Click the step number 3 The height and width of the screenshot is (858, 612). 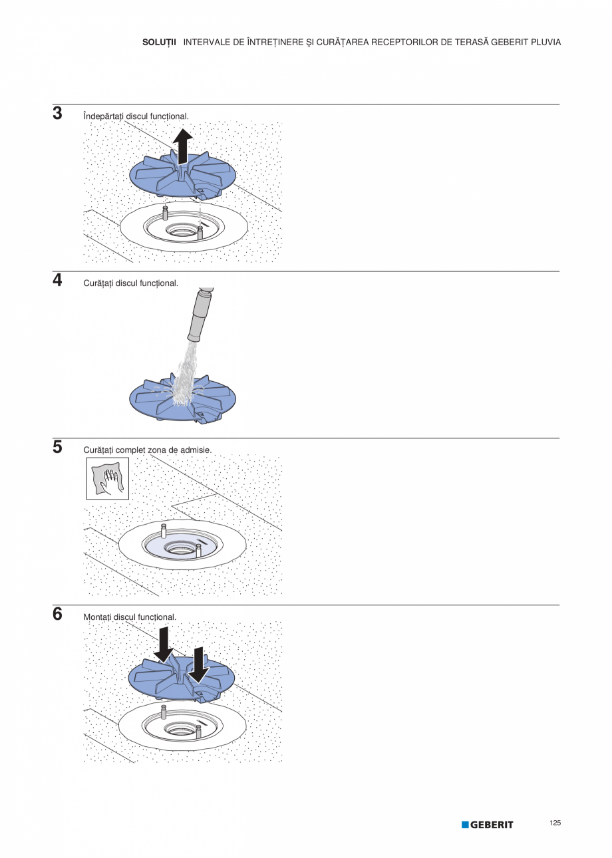[x=57, y=113]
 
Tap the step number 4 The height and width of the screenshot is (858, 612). [x=57, y=280]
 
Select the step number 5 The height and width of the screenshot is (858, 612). [x=57, y=447]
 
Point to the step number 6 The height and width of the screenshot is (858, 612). [x=57, y=614]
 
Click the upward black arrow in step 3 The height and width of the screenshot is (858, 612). [x=182, y=146]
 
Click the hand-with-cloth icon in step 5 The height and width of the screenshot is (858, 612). [x=108, y=478]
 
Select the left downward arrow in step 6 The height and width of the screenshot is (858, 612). [x=164, y=644]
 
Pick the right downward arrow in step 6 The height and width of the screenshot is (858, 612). [x=199, y=665]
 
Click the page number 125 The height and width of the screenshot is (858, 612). [x=555, y=823]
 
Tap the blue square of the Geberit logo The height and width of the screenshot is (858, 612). [x=465, y=824]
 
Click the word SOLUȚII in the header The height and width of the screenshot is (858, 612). [x=159, y=43]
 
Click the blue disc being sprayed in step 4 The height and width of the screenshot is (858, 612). [x=182, y=400]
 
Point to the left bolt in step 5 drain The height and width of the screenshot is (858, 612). [x=164, y=532]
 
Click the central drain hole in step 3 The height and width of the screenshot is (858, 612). [x=181, y=231]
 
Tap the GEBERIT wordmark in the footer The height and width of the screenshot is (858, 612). [x=492, y=825]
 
